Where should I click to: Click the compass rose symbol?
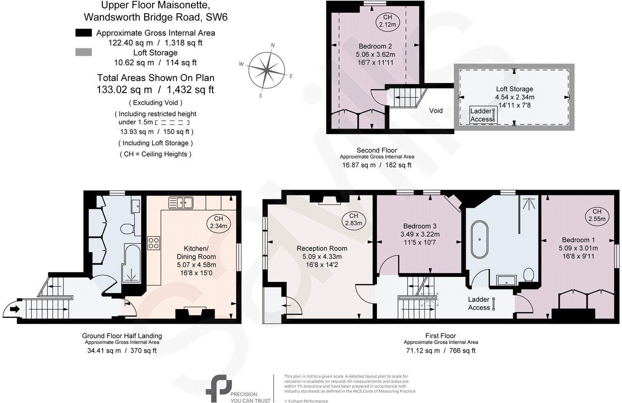[266, 70]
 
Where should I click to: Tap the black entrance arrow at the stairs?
[14, 309]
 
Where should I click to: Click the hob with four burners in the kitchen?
[154, 243]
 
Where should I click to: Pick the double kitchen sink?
[181, 202]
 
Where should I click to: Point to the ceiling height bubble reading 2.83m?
[354, 220]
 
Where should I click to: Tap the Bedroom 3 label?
[419, 226]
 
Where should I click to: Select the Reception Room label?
[322, 248]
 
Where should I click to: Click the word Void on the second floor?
[436, 111]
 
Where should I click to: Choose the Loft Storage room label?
[514, 89]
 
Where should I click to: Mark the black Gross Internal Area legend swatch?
[83, 33]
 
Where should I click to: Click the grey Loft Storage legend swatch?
[83, 52]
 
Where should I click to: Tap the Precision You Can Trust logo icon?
[216, 388]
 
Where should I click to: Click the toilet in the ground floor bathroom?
[128, 229]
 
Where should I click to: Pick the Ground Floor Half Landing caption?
[122, 336]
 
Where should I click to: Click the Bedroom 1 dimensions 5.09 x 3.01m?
[578, 248]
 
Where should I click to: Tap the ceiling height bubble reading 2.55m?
[597, 215]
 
